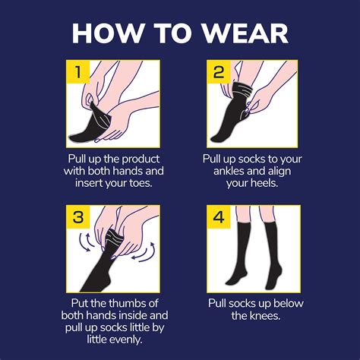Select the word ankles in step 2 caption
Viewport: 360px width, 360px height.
[x=227, y=172]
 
